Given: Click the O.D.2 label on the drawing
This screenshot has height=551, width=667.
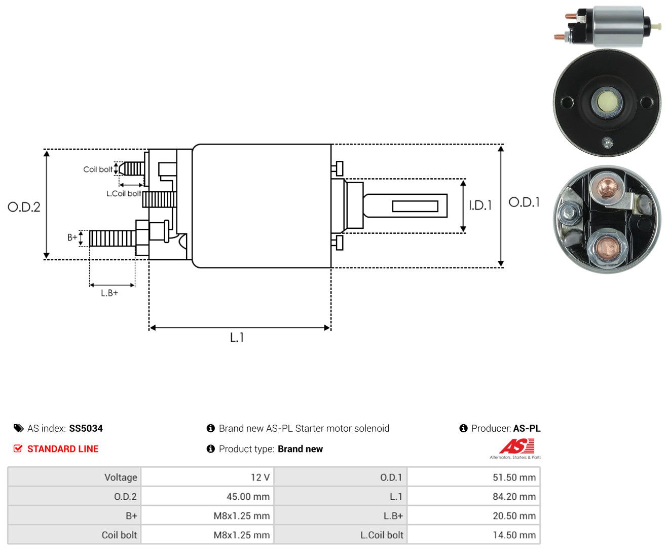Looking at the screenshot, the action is tap(24, 207).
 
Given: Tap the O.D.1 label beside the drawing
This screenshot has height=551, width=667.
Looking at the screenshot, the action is tap(524, 202).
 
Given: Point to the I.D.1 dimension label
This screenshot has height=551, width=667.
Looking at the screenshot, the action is tap(480, 205).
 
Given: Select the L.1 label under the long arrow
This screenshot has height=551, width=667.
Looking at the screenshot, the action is tap(237, 337).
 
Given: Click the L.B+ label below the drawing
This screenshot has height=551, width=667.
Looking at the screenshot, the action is tap(109, 293).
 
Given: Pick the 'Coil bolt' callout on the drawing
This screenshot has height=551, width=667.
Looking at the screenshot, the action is tap(98, 169).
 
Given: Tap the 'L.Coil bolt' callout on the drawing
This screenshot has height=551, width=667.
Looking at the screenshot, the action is tap(123, 193).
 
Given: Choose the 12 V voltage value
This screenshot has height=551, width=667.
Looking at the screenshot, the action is tap(260, 477).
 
